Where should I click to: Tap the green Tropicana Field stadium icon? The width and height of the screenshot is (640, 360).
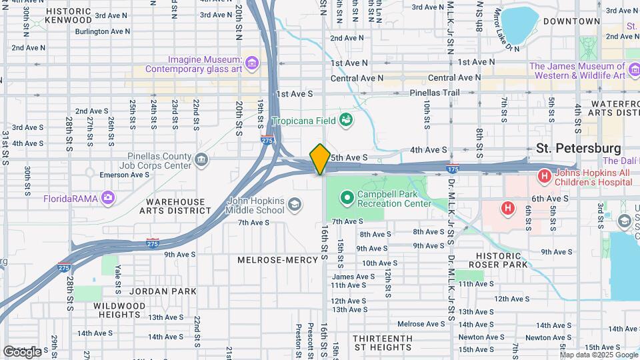pos(346,120)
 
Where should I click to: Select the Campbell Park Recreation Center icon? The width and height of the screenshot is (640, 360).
pos(347,197)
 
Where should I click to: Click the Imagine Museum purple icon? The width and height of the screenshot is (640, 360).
pos(252,63)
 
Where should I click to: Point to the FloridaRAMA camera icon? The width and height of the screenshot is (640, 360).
pos(109,198)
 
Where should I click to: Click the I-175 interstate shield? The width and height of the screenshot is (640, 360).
pos(453,170)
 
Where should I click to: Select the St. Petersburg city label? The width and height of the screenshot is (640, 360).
pos(578,148)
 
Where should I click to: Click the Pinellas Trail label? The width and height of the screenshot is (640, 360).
pos(435,93)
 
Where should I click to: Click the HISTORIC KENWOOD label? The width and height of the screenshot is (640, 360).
pos(69,16)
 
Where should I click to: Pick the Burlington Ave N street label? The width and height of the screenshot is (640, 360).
pos(102,31)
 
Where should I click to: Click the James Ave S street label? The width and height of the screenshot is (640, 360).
pos(349,277)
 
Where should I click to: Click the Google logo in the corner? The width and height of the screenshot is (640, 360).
pos(22,351)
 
